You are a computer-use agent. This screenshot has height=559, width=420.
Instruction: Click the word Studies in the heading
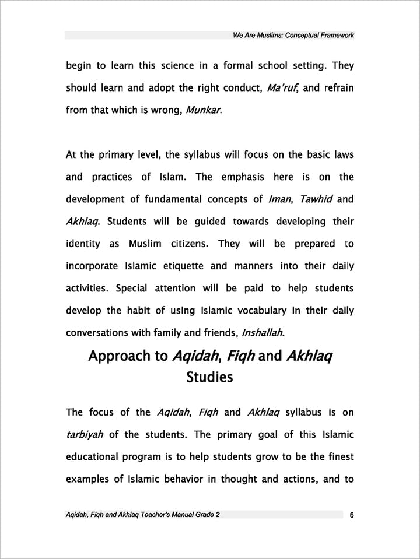(209, 377)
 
